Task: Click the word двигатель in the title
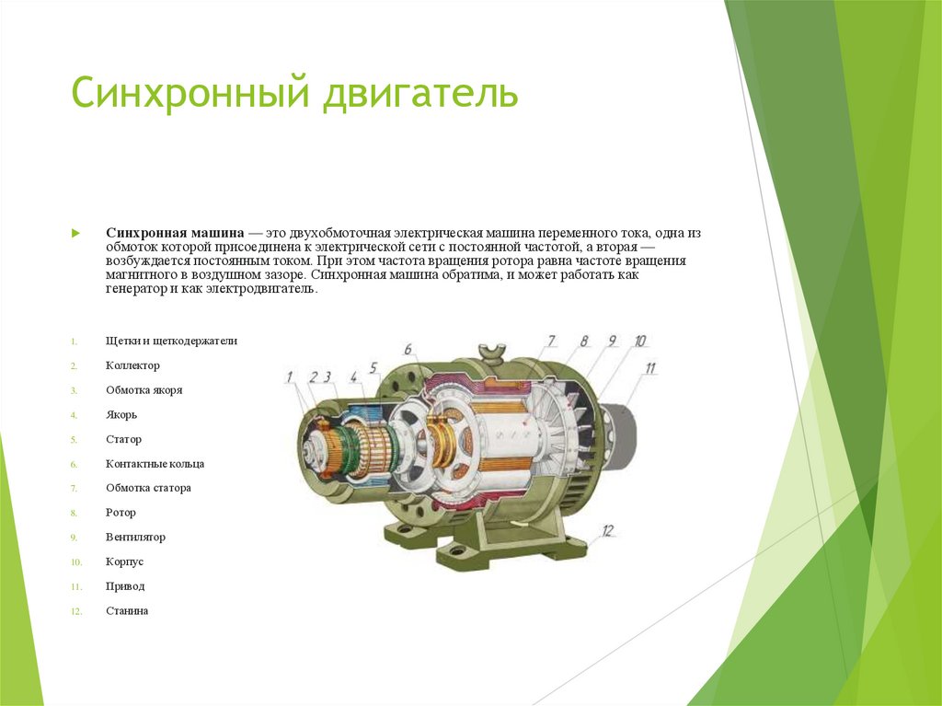pos(419,95)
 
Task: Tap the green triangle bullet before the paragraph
pos(77,234)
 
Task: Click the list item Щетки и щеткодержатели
pos(171,341)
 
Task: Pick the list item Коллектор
pos(132,365)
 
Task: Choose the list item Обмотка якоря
pos(144,390)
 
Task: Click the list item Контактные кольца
pos(155,464)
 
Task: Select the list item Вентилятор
pos(135,538)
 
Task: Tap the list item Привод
pos(125,586)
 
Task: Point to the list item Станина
pos(127,611)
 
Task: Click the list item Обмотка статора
pos(148,489)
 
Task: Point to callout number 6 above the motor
pos(408,350)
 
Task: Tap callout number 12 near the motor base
pos(608,530)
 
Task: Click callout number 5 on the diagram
pos(373,368)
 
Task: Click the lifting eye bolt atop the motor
pos(495,351)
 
